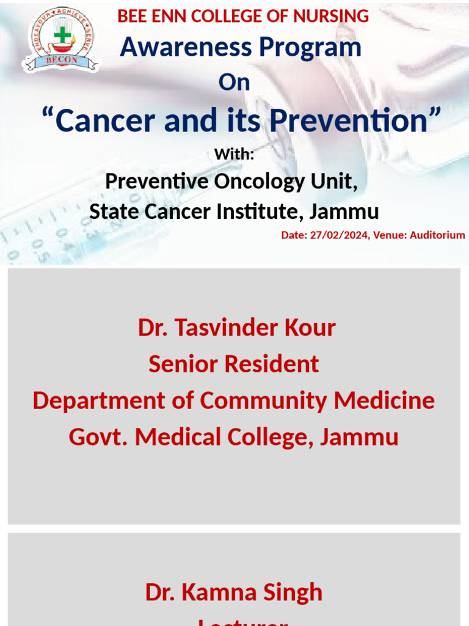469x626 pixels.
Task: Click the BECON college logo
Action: click(60, 39)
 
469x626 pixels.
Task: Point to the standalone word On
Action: click(234, 83)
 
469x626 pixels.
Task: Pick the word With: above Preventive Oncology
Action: click(234, 155)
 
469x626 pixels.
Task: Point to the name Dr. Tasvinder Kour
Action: click(236, 328)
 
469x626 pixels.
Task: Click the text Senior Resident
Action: click(234, 364)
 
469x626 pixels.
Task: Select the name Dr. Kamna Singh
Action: click(234, 592)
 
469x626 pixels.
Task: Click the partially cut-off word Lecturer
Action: click(242, 622)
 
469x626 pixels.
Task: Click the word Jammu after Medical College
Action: click(360, 437)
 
